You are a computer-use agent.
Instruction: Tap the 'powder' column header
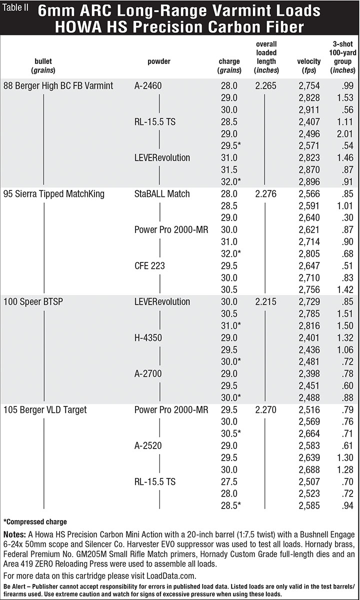pos(158,61)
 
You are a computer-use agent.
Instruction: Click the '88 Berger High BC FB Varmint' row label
pos(58,85)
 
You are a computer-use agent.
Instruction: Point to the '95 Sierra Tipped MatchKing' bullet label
pos(54,193)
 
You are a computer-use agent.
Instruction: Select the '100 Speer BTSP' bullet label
pos(31,301)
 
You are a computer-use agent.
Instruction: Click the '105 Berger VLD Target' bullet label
pos(45,410)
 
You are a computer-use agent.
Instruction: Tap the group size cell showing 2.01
pos(342,133)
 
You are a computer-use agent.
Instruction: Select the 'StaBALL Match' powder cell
pos(162,193)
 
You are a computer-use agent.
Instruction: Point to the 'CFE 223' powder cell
pos(150,265)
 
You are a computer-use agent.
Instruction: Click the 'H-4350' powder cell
pos(148,337)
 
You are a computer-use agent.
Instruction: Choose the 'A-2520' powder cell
pos(148,446)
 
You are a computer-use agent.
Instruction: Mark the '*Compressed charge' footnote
pos(35,521)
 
